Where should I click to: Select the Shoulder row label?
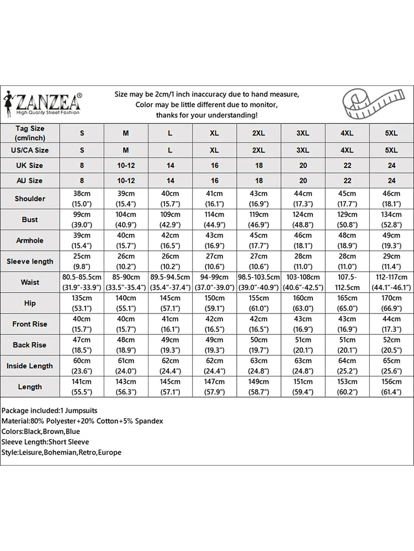tap(30, 198)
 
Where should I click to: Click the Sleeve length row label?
tap(30, 261)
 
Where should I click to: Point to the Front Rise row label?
tap(30, 324)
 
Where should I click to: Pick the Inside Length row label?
tap(30, 366)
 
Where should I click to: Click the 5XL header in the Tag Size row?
tap(391, 133)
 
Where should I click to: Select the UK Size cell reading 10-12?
tap(126, 165)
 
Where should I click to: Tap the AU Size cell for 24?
tap(391, 181)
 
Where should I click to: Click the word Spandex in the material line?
tap(149, 421)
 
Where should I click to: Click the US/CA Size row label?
tap(30, 150)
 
